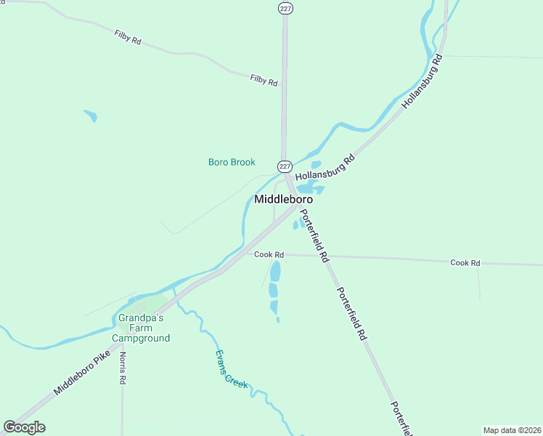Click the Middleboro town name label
[284, 198]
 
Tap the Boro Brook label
[232, 162]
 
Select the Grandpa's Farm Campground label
[141, 328]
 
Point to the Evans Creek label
[232, 368]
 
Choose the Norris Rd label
[123, 368]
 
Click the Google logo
[24, 427]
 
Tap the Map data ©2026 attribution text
[512, 430]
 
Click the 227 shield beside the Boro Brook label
[285, 166]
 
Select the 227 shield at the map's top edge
[285, 7]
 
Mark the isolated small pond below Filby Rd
[90, 115]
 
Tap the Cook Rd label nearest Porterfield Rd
[269, 254]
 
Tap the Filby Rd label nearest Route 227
[264, 80]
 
